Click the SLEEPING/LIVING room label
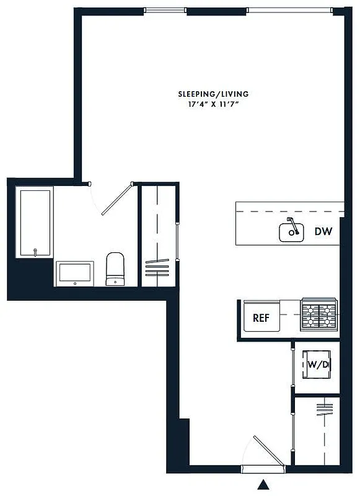213,94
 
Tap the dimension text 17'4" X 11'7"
213,104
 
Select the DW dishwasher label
323,232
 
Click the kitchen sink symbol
291,232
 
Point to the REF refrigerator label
261,318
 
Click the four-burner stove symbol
318,314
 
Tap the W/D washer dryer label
317,365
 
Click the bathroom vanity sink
75,273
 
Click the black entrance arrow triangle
265,484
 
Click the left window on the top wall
165,10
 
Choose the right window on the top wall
289,10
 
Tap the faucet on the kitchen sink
294,226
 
